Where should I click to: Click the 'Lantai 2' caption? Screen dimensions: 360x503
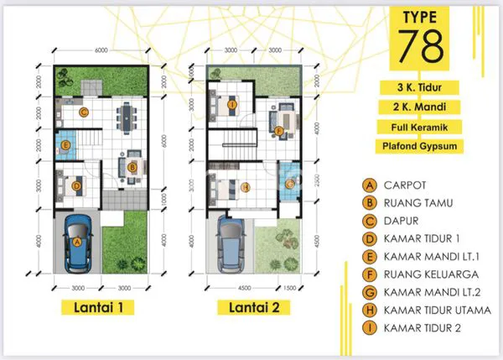[x=252, y=307]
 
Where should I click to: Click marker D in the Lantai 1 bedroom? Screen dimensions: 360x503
[x=75, y=185]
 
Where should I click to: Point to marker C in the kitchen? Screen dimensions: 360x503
[x=83, y=111]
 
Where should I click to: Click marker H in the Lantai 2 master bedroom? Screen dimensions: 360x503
[x=246, y=186]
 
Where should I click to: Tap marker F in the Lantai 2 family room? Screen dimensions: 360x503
[x=277, y=130]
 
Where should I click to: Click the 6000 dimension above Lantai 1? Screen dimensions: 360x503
[x=101, y=51]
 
